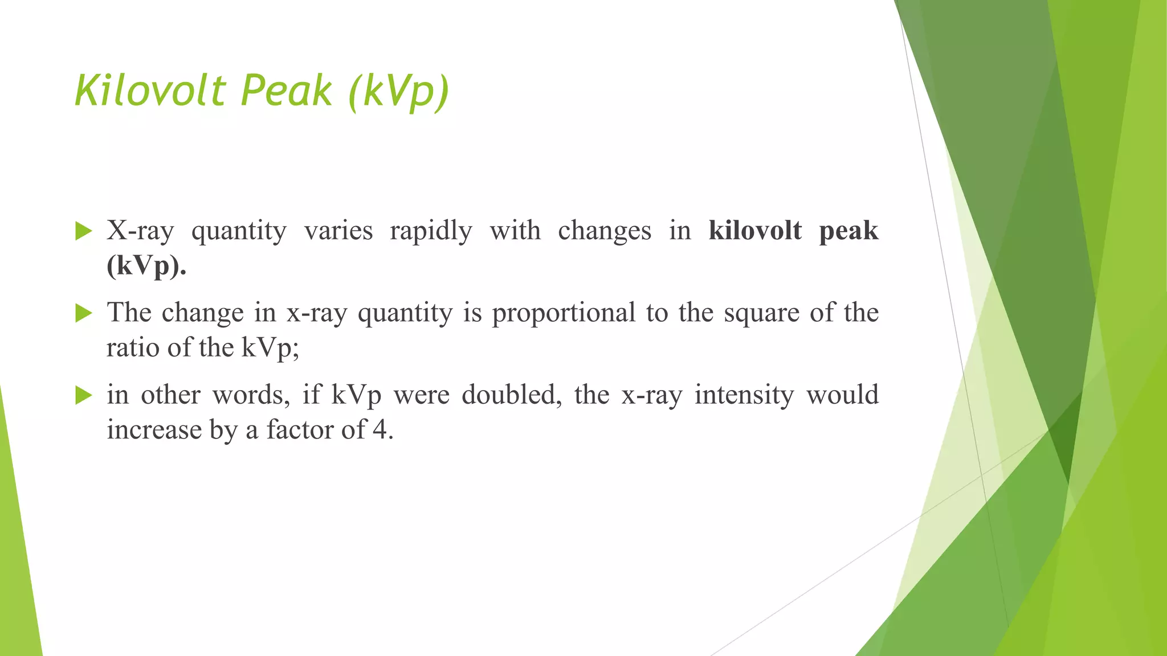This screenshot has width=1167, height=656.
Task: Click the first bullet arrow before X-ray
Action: [x=83, y=231]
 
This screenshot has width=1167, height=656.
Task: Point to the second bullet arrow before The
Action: [x=83, y=313]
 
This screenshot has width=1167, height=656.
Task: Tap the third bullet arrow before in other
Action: [x=83, y=395]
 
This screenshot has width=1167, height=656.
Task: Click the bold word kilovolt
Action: [x=755, y=231]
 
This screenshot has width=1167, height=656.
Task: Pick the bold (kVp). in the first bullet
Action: [x=146, y=266]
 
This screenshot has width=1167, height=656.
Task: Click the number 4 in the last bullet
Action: [x=380, y=429]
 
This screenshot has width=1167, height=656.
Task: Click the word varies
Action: [x=338, y=231]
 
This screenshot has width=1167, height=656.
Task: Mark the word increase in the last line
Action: [x=154, y=430]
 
